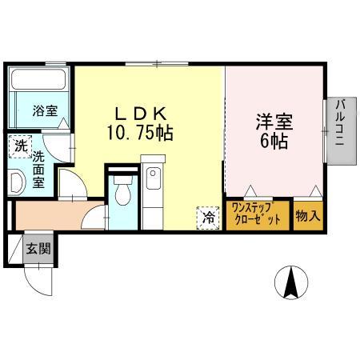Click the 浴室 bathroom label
click(45, 111)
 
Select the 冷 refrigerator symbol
click(208, 215)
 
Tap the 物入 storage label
click(308, 215)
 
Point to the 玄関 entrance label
click(38, 249)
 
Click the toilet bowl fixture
click(122, 192)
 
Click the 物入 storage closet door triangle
click(317, 191)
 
